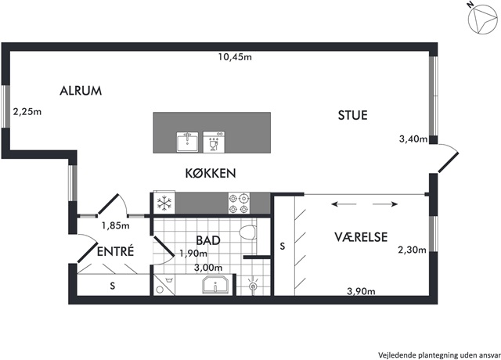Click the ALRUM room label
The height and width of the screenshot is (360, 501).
point(81,91)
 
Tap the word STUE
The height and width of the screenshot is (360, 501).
point(353,115)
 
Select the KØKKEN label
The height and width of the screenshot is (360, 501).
point(211,173)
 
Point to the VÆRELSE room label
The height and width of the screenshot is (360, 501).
point(361,237)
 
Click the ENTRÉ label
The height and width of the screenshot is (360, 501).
point(115,251)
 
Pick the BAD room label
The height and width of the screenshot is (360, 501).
point(208,240)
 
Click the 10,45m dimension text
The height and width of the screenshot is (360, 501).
point(235,57)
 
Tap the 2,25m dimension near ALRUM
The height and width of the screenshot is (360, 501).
point(27,112)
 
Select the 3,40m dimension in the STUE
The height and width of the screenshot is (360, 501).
point(413,139)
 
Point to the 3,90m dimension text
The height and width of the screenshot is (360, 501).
point(361,291)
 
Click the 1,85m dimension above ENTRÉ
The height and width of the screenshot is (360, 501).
point(116,225)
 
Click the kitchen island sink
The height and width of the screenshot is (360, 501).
point(188,142)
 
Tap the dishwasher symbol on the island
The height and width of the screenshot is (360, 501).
point(214,142)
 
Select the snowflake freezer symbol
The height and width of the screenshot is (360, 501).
point(164,203)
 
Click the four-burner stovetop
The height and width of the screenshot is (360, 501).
point(239,203)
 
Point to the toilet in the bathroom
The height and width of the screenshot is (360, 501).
point(248,232)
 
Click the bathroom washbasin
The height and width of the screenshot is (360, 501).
point(216,285)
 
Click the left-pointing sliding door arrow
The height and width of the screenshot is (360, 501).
point(344,204)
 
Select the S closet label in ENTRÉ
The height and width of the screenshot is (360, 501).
point(113,286)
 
